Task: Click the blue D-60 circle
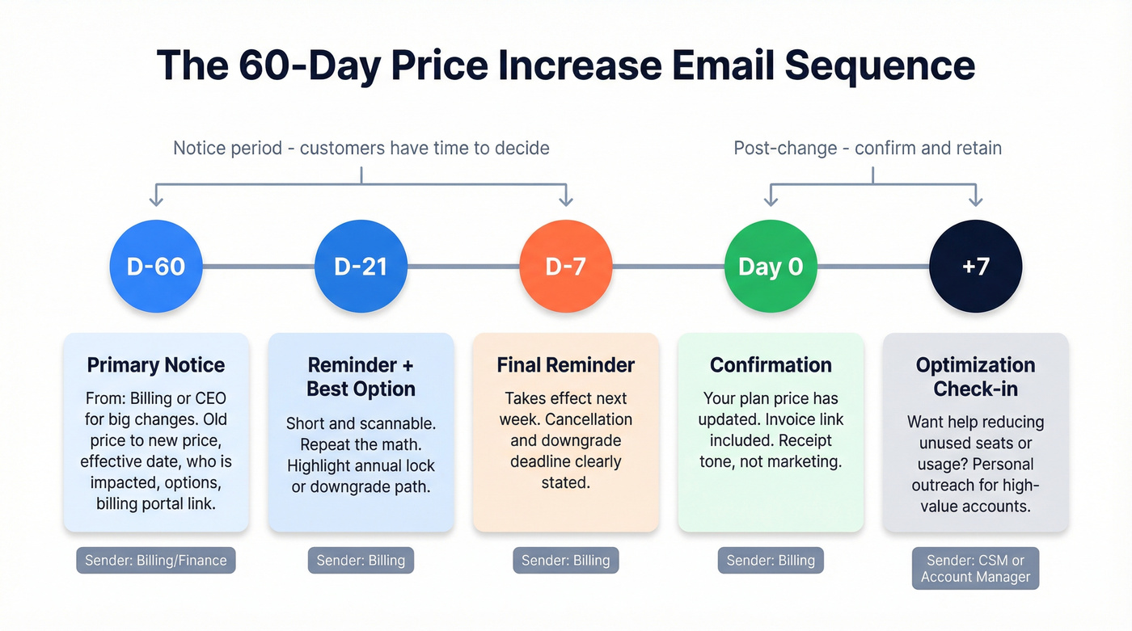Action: point(156,267)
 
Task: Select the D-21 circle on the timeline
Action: point(361,267)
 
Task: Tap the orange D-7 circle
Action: point(566,267)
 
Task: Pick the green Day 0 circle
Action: point(771,267)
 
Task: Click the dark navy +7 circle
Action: point(976,267)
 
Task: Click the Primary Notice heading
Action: point(156,365)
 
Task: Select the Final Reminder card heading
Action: point(566,365)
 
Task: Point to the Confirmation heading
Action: point(771,365)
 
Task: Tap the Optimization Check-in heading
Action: point(976,376)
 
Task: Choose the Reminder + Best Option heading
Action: point(361,376)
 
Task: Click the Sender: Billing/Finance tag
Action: point(156,561)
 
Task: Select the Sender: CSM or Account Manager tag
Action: point(976,568)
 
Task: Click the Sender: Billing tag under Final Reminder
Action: point(566,561)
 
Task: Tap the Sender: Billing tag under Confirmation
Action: point(771,561)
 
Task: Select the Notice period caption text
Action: point(361,149)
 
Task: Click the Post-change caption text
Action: point(868,149)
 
